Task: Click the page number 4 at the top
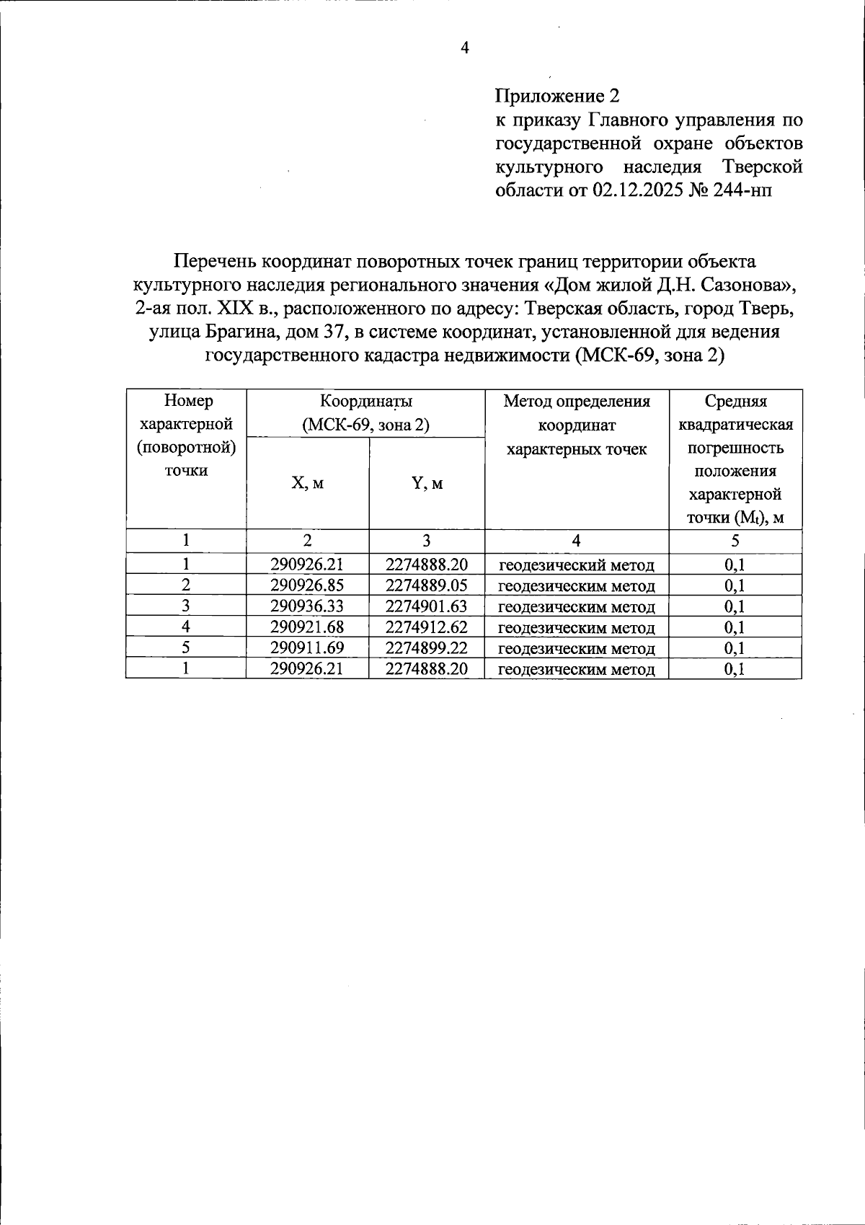pyautogui.click(x=465, y=48)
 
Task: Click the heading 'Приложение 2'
pyautogui.click(x=557, y=96)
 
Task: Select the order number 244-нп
pyautogui.click(x=743, y=190)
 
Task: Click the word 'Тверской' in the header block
pyautogui.click(x=762, y=167)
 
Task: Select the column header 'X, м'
pyautogui.click(x=308, y=483)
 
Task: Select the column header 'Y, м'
pyautogui.click(x=427, y=483)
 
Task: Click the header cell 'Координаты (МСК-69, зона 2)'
pyautogui.click(x=365, y=413)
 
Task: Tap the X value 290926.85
pyautogui.click(x=307, y=585)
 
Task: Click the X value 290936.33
pyautogui.click(x=307, y=606)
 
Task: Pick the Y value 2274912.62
pyautogui.click(x=426, y=627)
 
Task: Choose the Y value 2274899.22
pyautogui.click(x=426, y=648)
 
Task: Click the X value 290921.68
pyautogui.click(x=307, y=627)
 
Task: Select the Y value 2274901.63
pyautogui.click(x=426, y=606)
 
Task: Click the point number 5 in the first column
pyautogui.click(x=186, y=648)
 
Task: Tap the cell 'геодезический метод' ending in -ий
pyautogui.click(x=577, y=565)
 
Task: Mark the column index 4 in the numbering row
pyautogui.click(x=576, y=541)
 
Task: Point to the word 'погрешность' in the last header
pyautogui.click(x=735, y=448)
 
